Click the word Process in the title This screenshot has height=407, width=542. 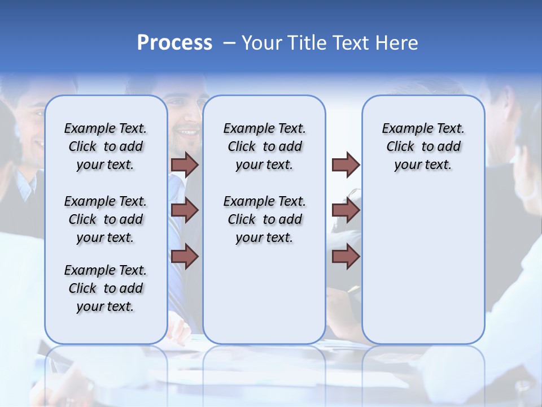point(174,43)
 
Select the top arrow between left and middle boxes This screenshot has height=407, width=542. point(185,164)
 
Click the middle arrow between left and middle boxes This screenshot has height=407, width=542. point(185,211)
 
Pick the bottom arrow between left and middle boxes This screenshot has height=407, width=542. point(185,257)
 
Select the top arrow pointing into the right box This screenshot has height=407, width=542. point(346,164)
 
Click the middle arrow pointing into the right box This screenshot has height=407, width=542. point(346,211)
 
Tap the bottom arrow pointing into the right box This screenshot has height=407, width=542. point(346,257)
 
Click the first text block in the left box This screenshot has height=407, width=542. point(106,146)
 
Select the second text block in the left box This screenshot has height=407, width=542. point(106,219)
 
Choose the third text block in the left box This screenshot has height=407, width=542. point(106,288)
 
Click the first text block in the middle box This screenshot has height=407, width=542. point(264,146)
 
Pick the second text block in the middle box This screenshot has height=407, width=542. point(264,219)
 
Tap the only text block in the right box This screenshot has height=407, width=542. point(423,146)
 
